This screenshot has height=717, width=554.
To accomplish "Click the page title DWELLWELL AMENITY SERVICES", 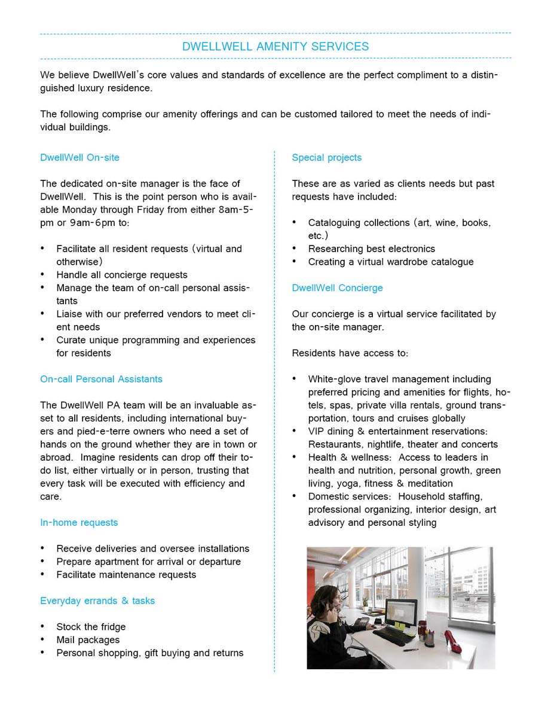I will click(x=276, y=46).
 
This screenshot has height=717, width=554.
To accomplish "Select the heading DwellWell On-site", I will click(x=79, y=158).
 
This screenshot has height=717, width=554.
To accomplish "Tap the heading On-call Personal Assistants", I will click(x=101, y=379).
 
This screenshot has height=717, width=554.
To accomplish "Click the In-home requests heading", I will click(x=79, y=522).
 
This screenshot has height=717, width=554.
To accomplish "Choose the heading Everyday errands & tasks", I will click(x=97, y=600).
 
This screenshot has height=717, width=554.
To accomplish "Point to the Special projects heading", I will click(x=326, y=158).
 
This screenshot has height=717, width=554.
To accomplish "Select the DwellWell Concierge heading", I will click(x=337, y=288).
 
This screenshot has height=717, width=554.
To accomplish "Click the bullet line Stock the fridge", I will click(x=91, y=627).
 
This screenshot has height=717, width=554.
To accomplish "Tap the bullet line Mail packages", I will click(x=88, y=640).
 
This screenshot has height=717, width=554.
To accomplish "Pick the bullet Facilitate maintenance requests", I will click(x=126, y=575).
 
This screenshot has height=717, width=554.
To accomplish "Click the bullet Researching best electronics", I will click(x=371, y=249).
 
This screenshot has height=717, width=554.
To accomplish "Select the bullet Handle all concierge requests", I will click(x=122, y=275).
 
